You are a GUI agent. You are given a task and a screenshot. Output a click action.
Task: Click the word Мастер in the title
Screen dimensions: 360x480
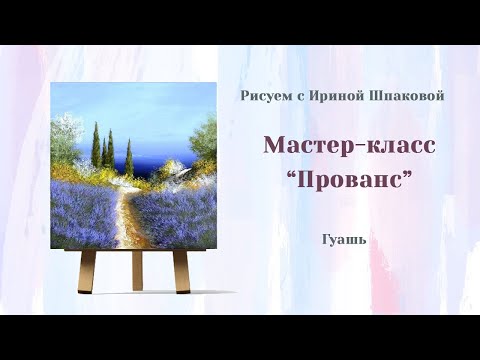[304, 144]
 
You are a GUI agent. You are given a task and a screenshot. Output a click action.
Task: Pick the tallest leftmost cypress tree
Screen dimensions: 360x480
[96, 145]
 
